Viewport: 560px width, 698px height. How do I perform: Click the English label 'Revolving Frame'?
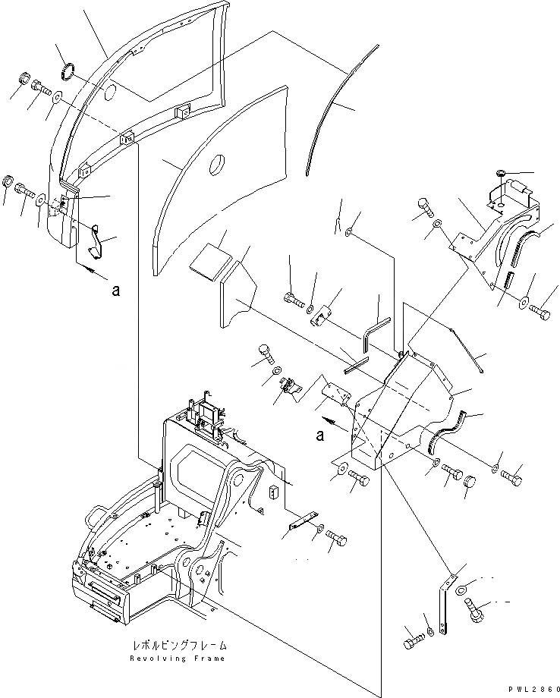[x=178, y=657]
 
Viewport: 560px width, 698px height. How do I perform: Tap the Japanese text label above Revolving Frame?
[x=178, y=646]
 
